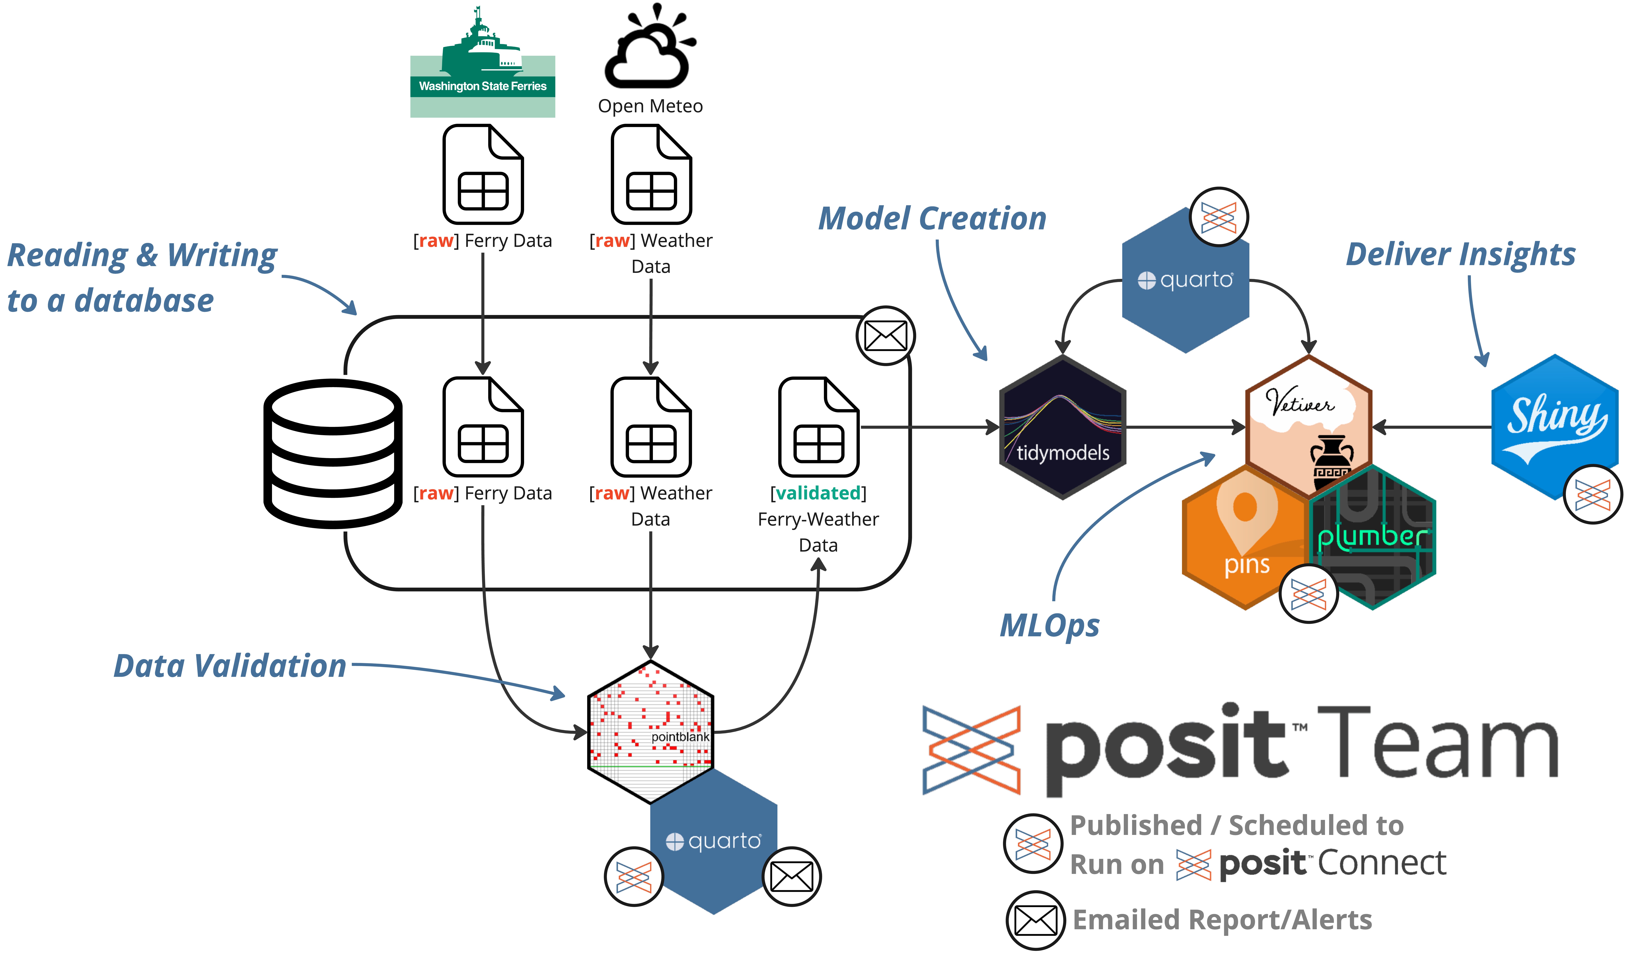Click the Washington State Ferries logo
coord(483,63)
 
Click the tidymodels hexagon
coord(1062,427)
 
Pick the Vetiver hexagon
coord(1308,420)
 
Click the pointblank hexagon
coord(650,731)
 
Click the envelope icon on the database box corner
coord(885,336)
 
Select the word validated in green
coord(818,493)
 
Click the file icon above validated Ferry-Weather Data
coord(818,427)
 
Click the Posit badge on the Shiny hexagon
coord(1592,494)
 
